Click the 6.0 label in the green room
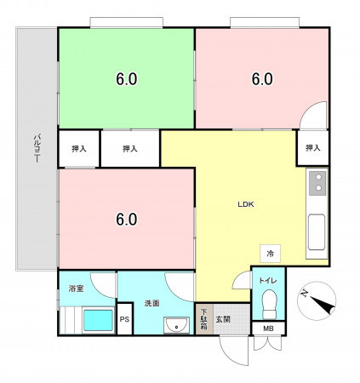(127, 79)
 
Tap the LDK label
(246, 204)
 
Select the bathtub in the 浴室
(99, 320)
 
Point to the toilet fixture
(270, 305)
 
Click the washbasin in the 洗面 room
(176, 325)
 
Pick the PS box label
(124, 319)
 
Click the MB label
(268, 329)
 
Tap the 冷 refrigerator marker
(271, 254)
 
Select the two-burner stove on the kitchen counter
(317, 183)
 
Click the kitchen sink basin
(317, 232)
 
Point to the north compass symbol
(317, 301)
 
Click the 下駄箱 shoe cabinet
(204, 319)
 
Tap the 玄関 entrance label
(223, 319)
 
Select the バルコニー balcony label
(37, 149)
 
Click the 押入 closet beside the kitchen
(313, 147)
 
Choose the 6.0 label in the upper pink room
(262, 79)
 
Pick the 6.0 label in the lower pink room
(127, 220)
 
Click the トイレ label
(268, 281)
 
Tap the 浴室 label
(76, 289)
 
